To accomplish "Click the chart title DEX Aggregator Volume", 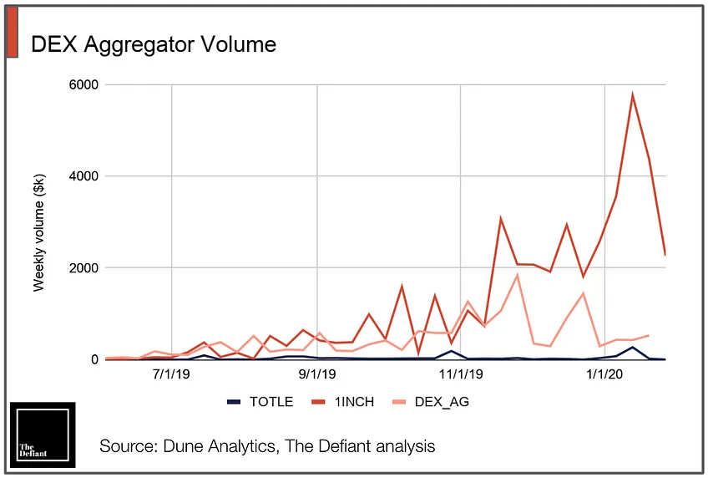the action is pyautogui.click(x=154, y=45).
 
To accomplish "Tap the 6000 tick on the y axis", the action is pyautogui.click(x=83, y=84).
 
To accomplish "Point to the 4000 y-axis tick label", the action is pyautogui.click(x=83, y=175).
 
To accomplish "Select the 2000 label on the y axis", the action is pyautogui.click(x=83, y=267).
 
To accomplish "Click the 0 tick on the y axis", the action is pyautogui.click(x=94, y=359).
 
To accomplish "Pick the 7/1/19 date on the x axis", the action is pyautogui.click(x=171, y=374).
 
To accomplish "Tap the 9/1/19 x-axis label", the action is pyautogui.click(x=317, y=374).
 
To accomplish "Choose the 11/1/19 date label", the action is pyautogui.click(x=461, y=374).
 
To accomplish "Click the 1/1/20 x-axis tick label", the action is pyautogui.click(x=604, y=374).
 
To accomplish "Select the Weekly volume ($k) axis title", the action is pyautogui.click(x=39, y=232).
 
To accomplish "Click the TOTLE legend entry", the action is pyautogui.click(x=260, y=402).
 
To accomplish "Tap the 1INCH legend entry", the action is pyautogui.click(x=343, y=402).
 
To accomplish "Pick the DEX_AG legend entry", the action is pyautogui.click(x=431, y=402).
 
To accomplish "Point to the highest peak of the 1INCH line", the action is pyautogui.click(x=633, y=94).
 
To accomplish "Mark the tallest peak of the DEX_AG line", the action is pyautogui.click(x=517, y=275).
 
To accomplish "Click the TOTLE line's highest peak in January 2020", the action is pyautogui.click(x=633, y=348).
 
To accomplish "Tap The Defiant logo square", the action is pyautogui.click(x=43, y=435).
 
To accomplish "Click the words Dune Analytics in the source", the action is pyautogui.click(x=219, y=446).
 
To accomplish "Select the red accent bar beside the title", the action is pyautogui.click(x=13, y=32).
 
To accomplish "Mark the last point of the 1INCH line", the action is pyautogui.click(x=665, y=254).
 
